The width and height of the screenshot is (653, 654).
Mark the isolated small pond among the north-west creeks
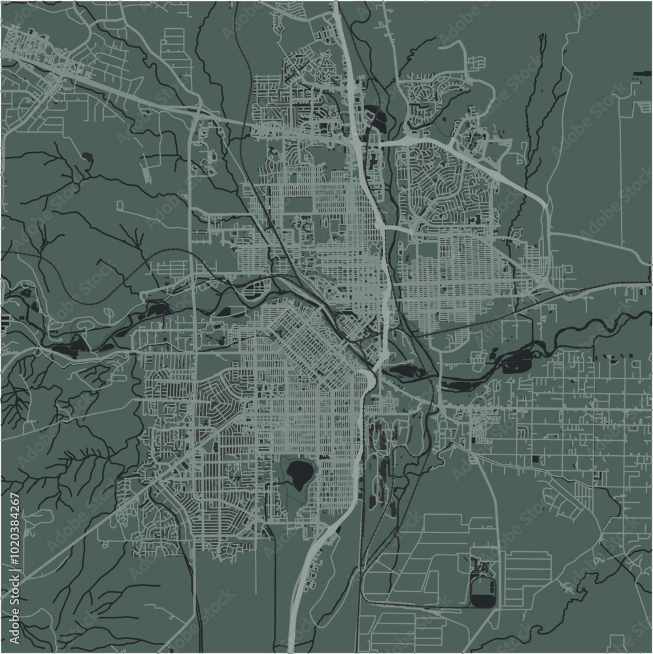(87, 156)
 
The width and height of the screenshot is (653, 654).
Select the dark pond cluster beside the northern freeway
(378, 118)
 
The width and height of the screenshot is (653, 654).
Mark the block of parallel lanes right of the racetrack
(526, 576)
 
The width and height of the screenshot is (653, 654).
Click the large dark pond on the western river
(69, 345)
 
